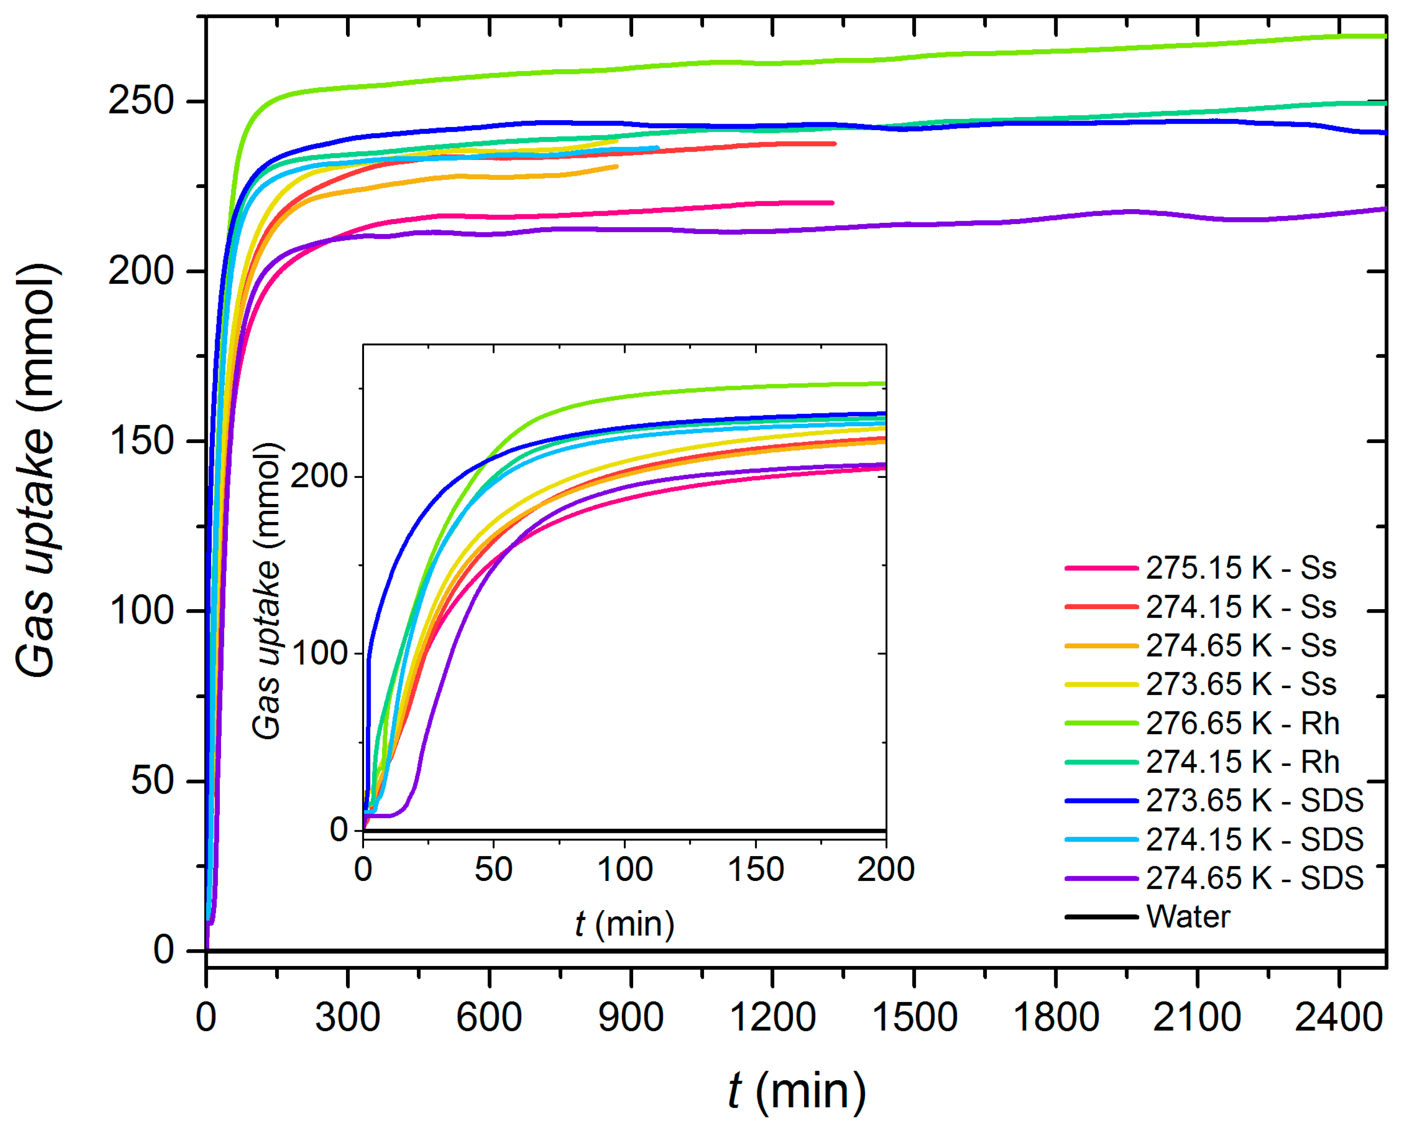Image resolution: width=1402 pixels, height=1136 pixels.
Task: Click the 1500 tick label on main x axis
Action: (x=914, y=1018)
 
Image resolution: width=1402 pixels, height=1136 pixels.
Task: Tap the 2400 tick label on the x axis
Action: (x=1338, y=1018)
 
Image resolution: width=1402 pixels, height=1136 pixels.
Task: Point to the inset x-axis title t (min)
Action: (x=624, y=924)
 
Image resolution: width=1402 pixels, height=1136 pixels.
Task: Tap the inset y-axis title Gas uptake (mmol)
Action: (x=267, y=591)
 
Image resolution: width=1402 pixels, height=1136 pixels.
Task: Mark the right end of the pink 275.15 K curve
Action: (x=832, y=203)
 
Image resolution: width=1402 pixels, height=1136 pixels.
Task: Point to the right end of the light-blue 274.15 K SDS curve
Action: (x=657, y=148)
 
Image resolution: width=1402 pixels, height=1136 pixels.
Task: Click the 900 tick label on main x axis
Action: (x=631, y=1018)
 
